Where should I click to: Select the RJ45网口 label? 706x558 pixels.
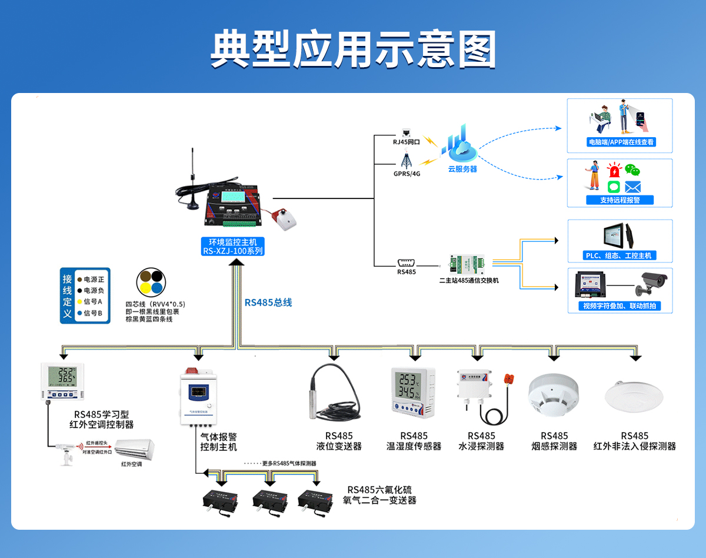click(x=406, y=142)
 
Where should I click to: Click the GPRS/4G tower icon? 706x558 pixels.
click(x=406, y=160)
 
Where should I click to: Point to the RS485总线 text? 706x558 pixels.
click(x=268, y=303)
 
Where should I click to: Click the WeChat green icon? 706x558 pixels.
click(x=632, y=170)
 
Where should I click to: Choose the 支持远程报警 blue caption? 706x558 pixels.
click(x=620, y=200)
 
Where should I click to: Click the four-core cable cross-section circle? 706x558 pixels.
click(x=151, y=281)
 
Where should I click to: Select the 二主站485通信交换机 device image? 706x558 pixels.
click(x=468, y=264)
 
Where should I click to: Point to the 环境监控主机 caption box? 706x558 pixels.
click(x=232, y=246)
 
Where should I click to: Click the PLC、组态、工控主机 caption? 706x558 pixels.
click(x=620, y=255)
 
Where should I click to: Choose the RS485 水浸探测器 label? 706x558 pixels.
click(x=481, y=441)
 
